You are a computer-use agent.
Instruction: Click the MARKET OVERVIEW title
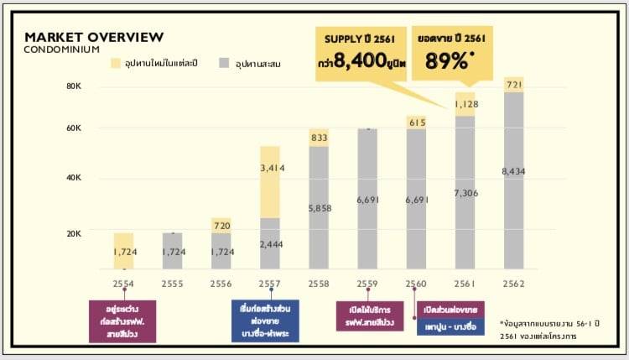pos(94,37)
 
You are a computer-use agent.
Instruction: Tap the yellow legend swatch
pos(117,64)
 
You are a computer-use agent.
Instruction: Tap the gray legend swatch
pos(224,64)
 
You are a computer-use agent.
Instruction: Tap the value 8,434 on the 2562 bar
pos(513,171)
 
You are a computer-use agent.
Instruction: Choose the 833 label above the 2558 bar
pos(319,137)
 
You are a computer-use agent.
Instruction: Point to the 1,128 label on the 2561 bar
pos(465,104)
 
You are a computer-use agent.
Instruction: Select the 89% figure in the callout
pos(444,60)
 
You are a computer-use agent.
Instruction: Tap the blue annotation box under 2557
pos(268,320)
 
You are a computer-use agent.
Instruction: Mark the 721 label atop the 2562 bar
pos(513,86)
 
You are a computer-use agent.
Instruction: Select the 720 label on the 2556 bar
pos(221,227)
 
